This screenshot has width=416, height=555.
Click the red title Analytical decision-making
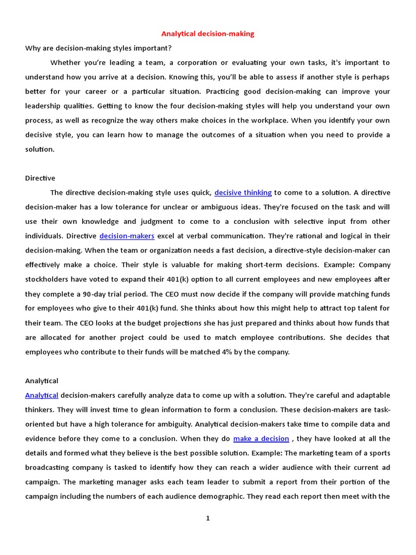(x=207, y=34)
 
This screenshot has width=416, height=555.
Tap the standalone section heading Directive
(x=40, y=178)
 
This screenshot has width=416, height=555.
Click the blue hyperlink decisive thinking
(x=243, y=192)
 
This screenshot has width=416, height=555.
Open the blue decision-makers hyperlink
(x=127, y=236)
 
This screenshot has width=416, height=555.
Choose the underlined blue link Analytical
(x=42, y=395)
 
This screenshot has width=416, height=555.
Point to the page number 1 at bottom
(x=207, y=519)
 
